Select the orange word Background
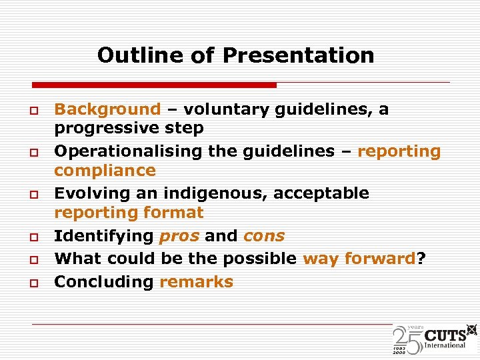pos(107,109)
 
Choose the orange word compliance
pos(105,171)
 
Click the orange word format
pos(171,213)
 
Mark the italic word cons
pos(264,236)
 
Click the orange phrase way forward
pos(359,259)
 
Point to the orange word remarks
pos(196,281)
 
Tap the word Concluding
pos(104,281)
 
